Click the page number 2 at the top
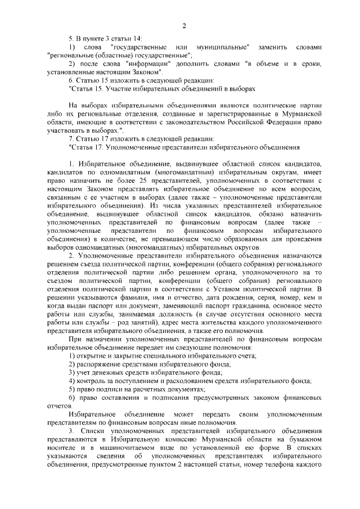tap(184, 25)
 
